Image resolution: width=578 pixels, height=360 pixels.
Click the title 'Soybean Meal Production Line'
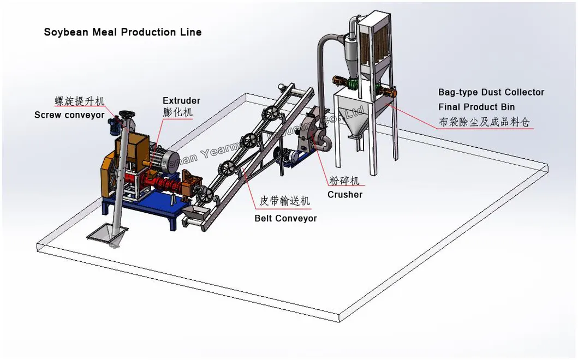[123, 32]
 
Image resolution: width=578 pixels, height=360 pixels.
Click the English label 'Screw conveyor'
[69, 115]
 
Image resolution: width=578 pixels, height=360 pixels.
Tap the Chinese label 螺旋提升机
[80, 101]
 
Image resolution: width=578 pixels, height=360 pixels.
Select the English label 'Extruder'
[181, 101]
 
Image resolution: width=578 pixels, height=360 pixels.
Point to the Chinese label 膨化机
[177, 113]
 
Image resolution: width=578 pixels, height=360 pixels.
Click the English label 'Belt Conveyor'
[285, 218]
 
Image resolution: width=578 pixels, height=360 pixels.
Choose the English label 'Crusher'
[344, 194]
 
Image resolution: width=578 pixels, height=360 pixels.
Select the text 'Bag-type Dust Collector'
[491, 93]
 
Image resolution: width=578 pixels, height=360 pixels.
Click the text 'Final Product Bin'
[476, 107]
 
